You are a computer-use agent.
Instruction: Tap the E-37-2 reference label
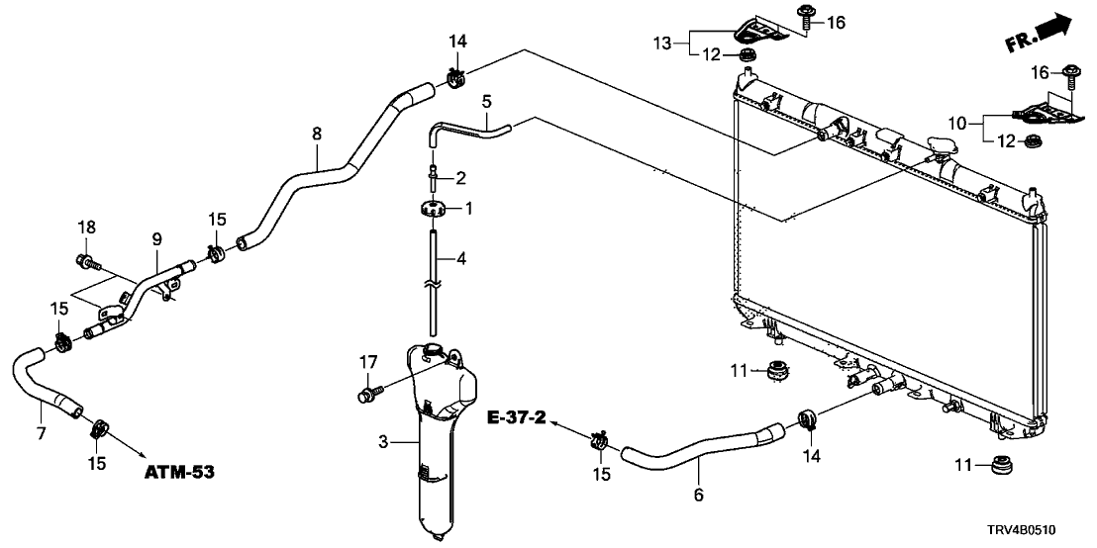click(518, 419)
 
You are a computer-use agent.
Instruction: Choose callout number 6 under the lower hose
click(699, 494)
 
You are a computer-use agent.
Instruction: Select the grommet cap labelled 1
click(432, 209)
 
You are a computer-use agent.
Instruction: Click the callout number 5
click(486, 101)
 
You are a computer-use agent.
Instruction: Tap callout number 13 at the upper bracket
click(661, 43)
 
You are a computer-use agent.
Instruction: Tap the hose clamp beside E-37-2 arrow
click(599, 439)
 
